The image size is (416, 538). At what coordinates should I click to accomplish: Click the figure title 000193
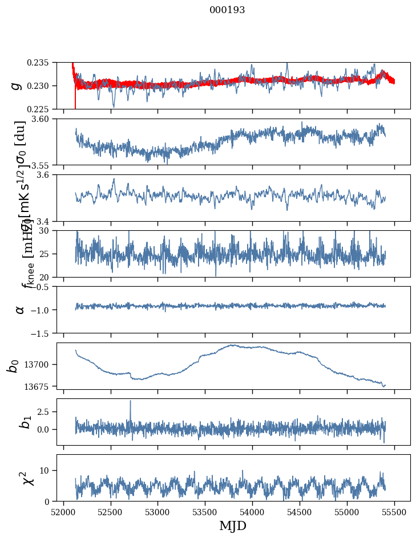[227, 10]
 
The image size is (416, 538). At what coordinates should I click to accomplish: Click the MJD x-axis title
[233, 526]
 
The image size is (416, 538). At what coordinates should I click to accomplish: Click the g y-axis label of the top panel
[17, 85]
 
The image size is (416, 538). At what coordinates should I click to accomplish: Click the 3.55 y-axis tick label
[44, 165]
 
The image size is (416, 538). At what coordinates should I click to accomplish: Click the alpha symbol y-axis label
[20, 309]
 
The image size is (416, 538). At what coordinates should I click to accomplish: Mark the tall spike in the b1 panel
[130, 402]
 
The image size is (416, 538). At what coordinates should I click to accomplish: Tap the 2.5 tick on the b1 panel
[46, 411]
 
